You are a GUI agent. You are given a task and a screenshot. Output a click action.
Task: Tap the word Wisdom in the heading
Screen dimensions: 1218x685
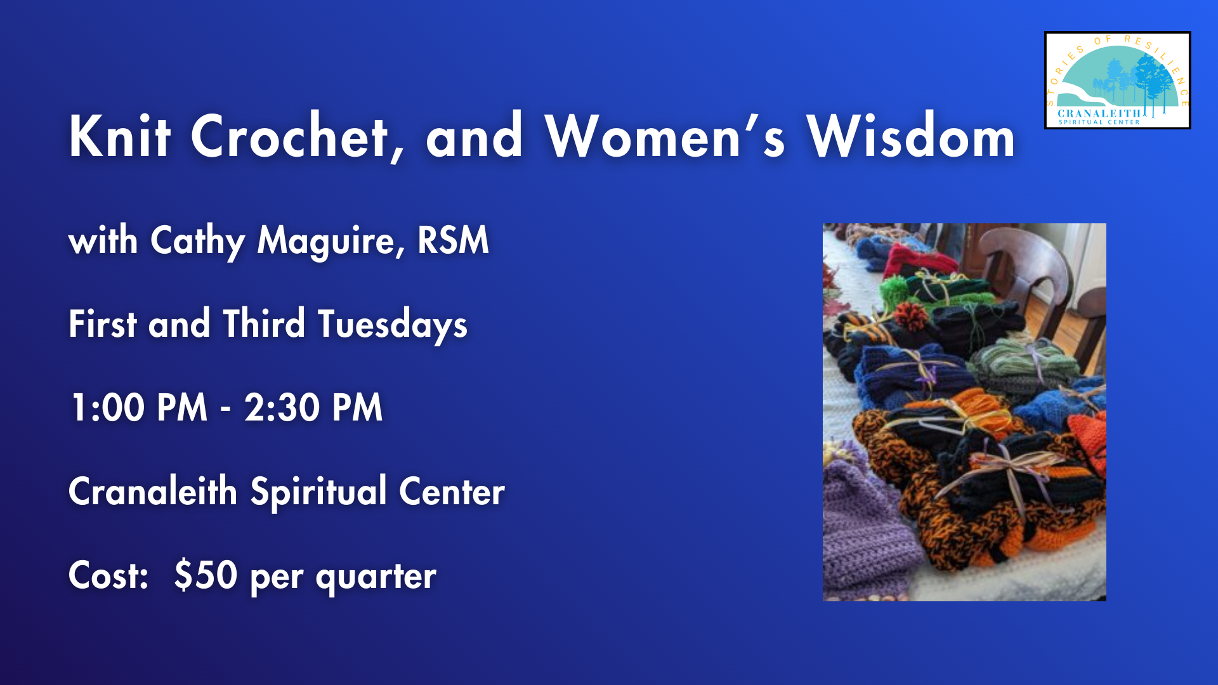(911, 136)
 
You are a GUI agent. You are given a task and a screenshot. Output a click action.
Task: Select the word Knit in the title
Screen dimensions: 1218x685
(120, 136)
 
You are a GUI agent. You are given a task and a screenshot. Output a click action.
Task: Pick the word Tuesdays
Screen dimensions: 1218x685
(392, 325)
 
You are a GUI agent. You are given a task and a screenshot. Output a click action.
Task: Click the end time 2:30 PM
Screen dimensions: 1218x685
(313, 407)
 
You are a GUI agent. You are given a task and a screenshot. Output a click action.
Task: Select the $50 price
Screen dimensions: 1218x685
(206, 575)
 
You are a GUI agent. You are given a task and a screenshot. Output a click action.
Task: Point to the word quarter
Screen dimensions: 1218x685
(376, 577)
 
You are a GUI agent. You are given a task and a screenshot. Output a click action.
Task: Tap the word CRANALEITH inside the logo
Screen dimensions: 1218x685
(1099, 114)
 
